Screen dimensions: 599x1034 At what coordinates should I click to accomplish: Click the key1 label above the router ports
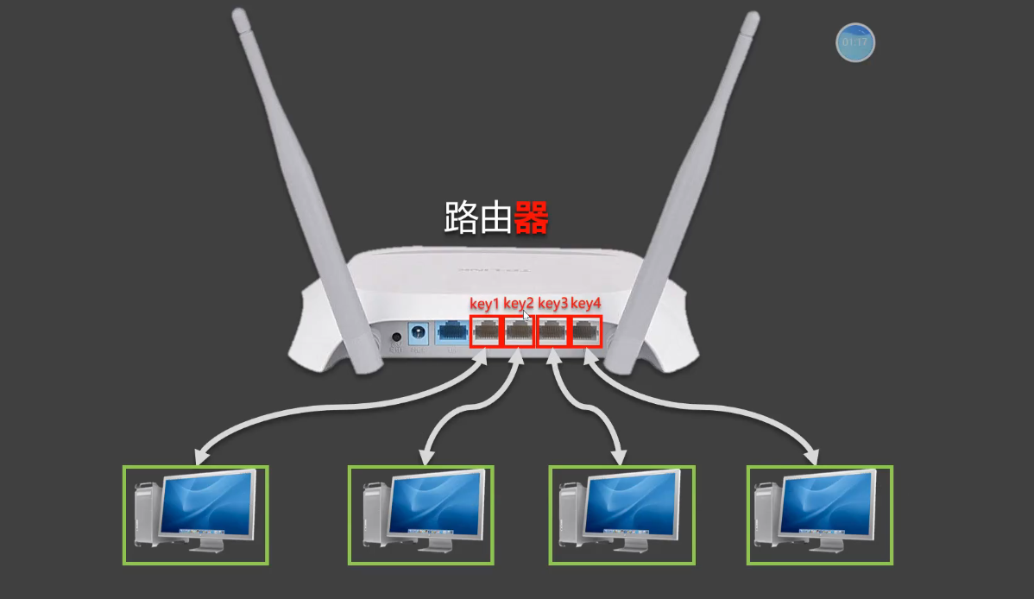point(484,303)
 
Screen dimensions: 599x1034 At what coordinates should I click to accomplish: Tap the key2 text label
point(519,303)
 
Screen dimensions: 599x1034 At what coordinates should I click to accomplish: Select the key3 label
point(553,303)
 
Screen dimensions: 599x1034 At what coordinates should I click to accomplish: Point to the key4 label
point(586,303)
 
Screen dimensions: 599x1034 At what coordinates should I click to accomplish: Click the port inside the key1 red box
point(485,331)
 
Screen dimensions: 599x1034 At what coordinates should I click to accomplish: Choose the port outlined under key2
point(519,331)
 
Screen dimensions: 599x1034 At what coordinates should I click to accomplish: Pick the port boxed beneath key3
point(552,331)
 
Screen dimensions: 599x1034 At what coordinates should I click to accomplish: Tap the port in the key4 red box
point(586,331)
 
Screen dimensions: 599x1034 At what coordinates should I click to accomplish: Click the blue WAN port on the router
point(451,331)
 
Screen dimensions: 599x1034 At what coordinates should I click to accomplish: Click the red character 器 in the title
point(532,218)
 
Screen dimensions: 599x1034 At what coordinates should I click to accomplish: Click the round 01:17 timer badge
point(855,42)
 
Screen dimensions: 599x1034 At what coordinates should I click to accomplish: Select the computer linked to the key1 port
point(196,515)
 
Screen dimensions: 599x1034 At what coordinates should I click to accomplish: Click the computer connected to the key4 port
point(820,515)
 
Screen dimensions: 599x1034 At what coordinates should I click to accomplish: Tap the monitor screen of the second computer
point(435,504)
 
